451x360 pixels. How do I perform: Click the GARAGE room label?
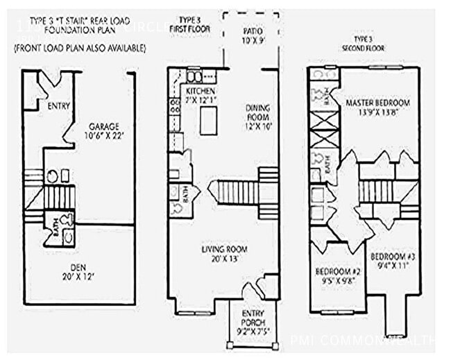click(x=103, y=126)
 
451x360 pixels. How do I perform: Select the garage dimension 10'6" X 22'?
click(x=103, y=136)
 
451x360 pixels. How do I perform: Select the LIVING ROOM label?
click(x=225, y=249)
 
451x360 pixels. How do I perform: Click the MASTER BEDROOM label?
click(x=377, y=103)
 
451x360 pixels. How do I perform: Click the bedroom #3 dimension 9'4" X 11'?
click(x=392, y=266)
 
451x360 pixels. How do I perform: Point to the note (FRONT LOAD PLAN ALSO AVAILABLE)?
click(x=80, y=48)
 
